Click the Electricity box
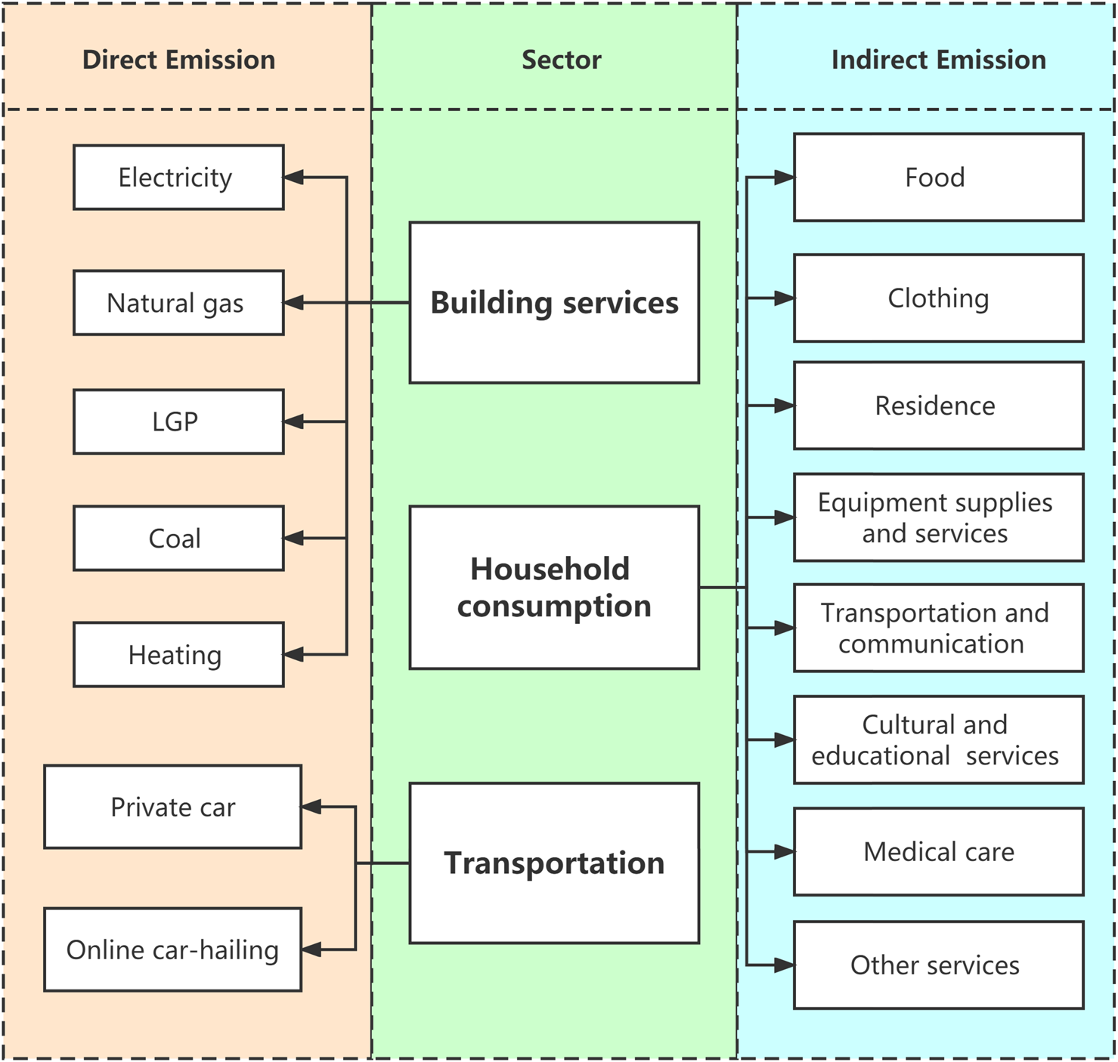[178, 178]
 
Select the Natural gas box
[178, 303]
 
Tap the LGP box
[178, 421]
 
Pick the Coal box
[178, 539]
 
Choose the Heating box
[178, 655]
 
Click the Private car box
[172, 807]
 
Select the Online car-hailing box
[172, 949]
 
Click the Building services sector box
[554, 302]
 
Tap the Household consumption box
[554, 587]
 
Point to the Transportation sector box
[554, 863]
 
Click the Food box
[938, 178]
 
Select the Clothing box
[938, 298]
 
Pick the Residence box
[938, 406]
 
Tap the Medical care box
[938, 851]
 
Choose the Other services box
[938, 965]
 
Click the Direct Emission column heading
[178, 60]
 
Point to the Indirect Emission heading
[938, 60]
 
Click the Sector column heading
[561, 60]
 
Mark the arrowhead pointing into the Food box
[784, 178]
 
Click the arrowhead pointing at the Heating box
[294, 655]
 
